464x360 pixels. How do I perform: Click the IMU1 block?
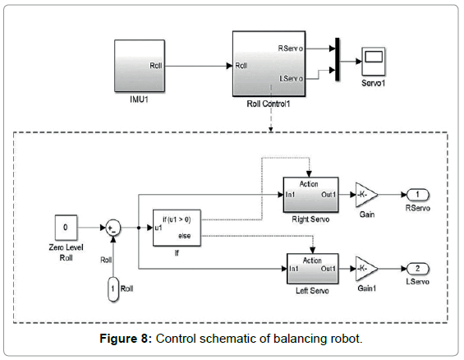[140, 66]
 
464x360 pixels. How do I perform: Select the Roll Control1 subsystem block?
[269, 64]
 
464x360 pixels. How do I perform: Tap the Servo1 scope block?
[374, 62]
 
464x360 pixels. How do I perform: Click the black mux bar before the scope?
[338, 59]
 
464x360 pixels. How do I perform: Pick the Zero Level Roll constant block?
[66, 228]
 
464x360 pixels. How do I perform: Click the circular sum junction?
[113, 228]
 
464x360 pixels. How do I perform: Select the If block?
[177, 228]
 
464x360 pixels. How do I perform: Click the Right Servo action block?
[310, 195]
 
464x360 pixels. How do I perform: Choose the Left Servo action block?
[313, 269]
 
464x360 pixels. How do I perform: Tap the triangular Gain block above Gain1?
[365, 195]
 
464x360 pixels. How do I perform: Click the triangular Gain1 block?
[365, 269]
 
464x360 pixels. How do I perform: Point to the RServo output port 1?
[418, 195]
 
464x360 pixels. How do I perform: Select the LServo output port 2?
[418, 269]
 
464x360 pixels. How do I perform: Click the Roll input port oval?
[113, 289]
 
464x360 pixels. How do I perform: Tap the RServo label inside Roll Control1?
[290, 48]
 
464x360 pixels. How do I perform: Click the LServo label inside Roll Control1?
[292, 78]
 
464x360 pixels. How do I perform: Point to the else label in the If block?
[184, 236]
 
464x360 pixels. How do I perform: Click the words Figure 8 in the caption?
[126, 339]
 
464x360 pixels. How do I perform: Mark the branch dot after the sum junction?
[139, 228]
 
